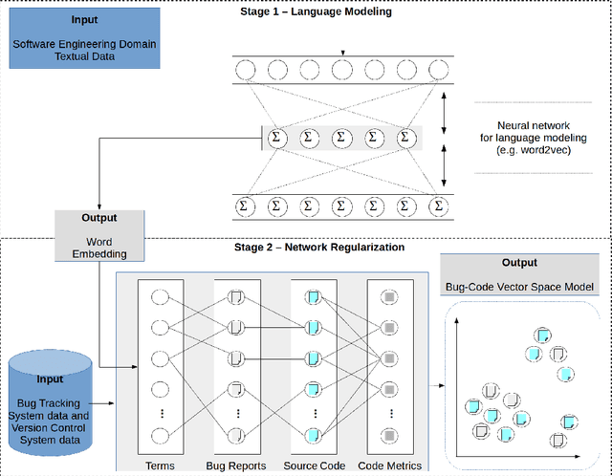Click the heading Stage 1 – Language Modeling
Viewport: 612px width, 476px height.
click(x=316, y=11)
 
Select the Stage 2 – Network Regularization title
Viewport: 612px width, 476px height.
click(x=319, y=247)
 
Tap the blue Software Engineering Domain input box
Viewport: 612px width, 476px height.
click(x=85, y=38)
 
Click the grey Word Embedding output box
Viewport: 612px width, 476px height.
click(x=99, y=236)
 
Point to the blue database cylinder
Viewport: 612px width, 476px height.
click(x=50, y=402)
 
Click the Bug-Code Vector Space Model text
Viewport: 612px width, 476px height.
click(x=519, y=287)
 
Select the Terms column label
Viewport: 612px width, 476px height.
click(x=160, y=465)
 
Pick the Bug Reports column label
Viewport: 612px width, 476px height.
click(x=236, y=465)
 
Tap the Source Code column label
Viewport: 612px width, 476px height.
click(x=315, y=465)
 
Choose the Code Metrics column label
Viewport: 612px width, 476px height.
click(x=390, y=465)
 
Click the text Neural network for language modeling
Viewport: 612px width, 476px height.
click(x=534, y=132)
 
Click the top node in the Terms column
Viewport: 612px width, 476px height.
click(x=160, y=297)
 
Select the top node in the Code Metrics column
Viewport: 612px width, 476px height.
click(x=389, y=297)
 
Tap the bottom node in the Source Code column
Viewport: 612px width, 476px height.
click(x=313, y=436)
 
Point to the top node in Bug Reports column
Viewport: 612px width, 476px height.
click(x=236, y=297)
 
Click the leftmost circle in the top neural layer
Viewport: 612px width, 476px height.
click(x=246, y=70)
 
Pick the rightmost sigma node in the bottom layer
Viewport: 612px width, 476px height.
click(x=439, y=206)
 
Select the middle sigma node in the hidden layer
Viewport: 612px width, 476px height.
click(x=341, y=138)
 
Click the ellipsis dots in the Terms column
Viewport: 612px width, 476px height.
click(x=162, y=413)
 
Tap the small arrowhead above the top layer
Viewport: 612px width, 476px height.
click(x=342, y=54)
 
